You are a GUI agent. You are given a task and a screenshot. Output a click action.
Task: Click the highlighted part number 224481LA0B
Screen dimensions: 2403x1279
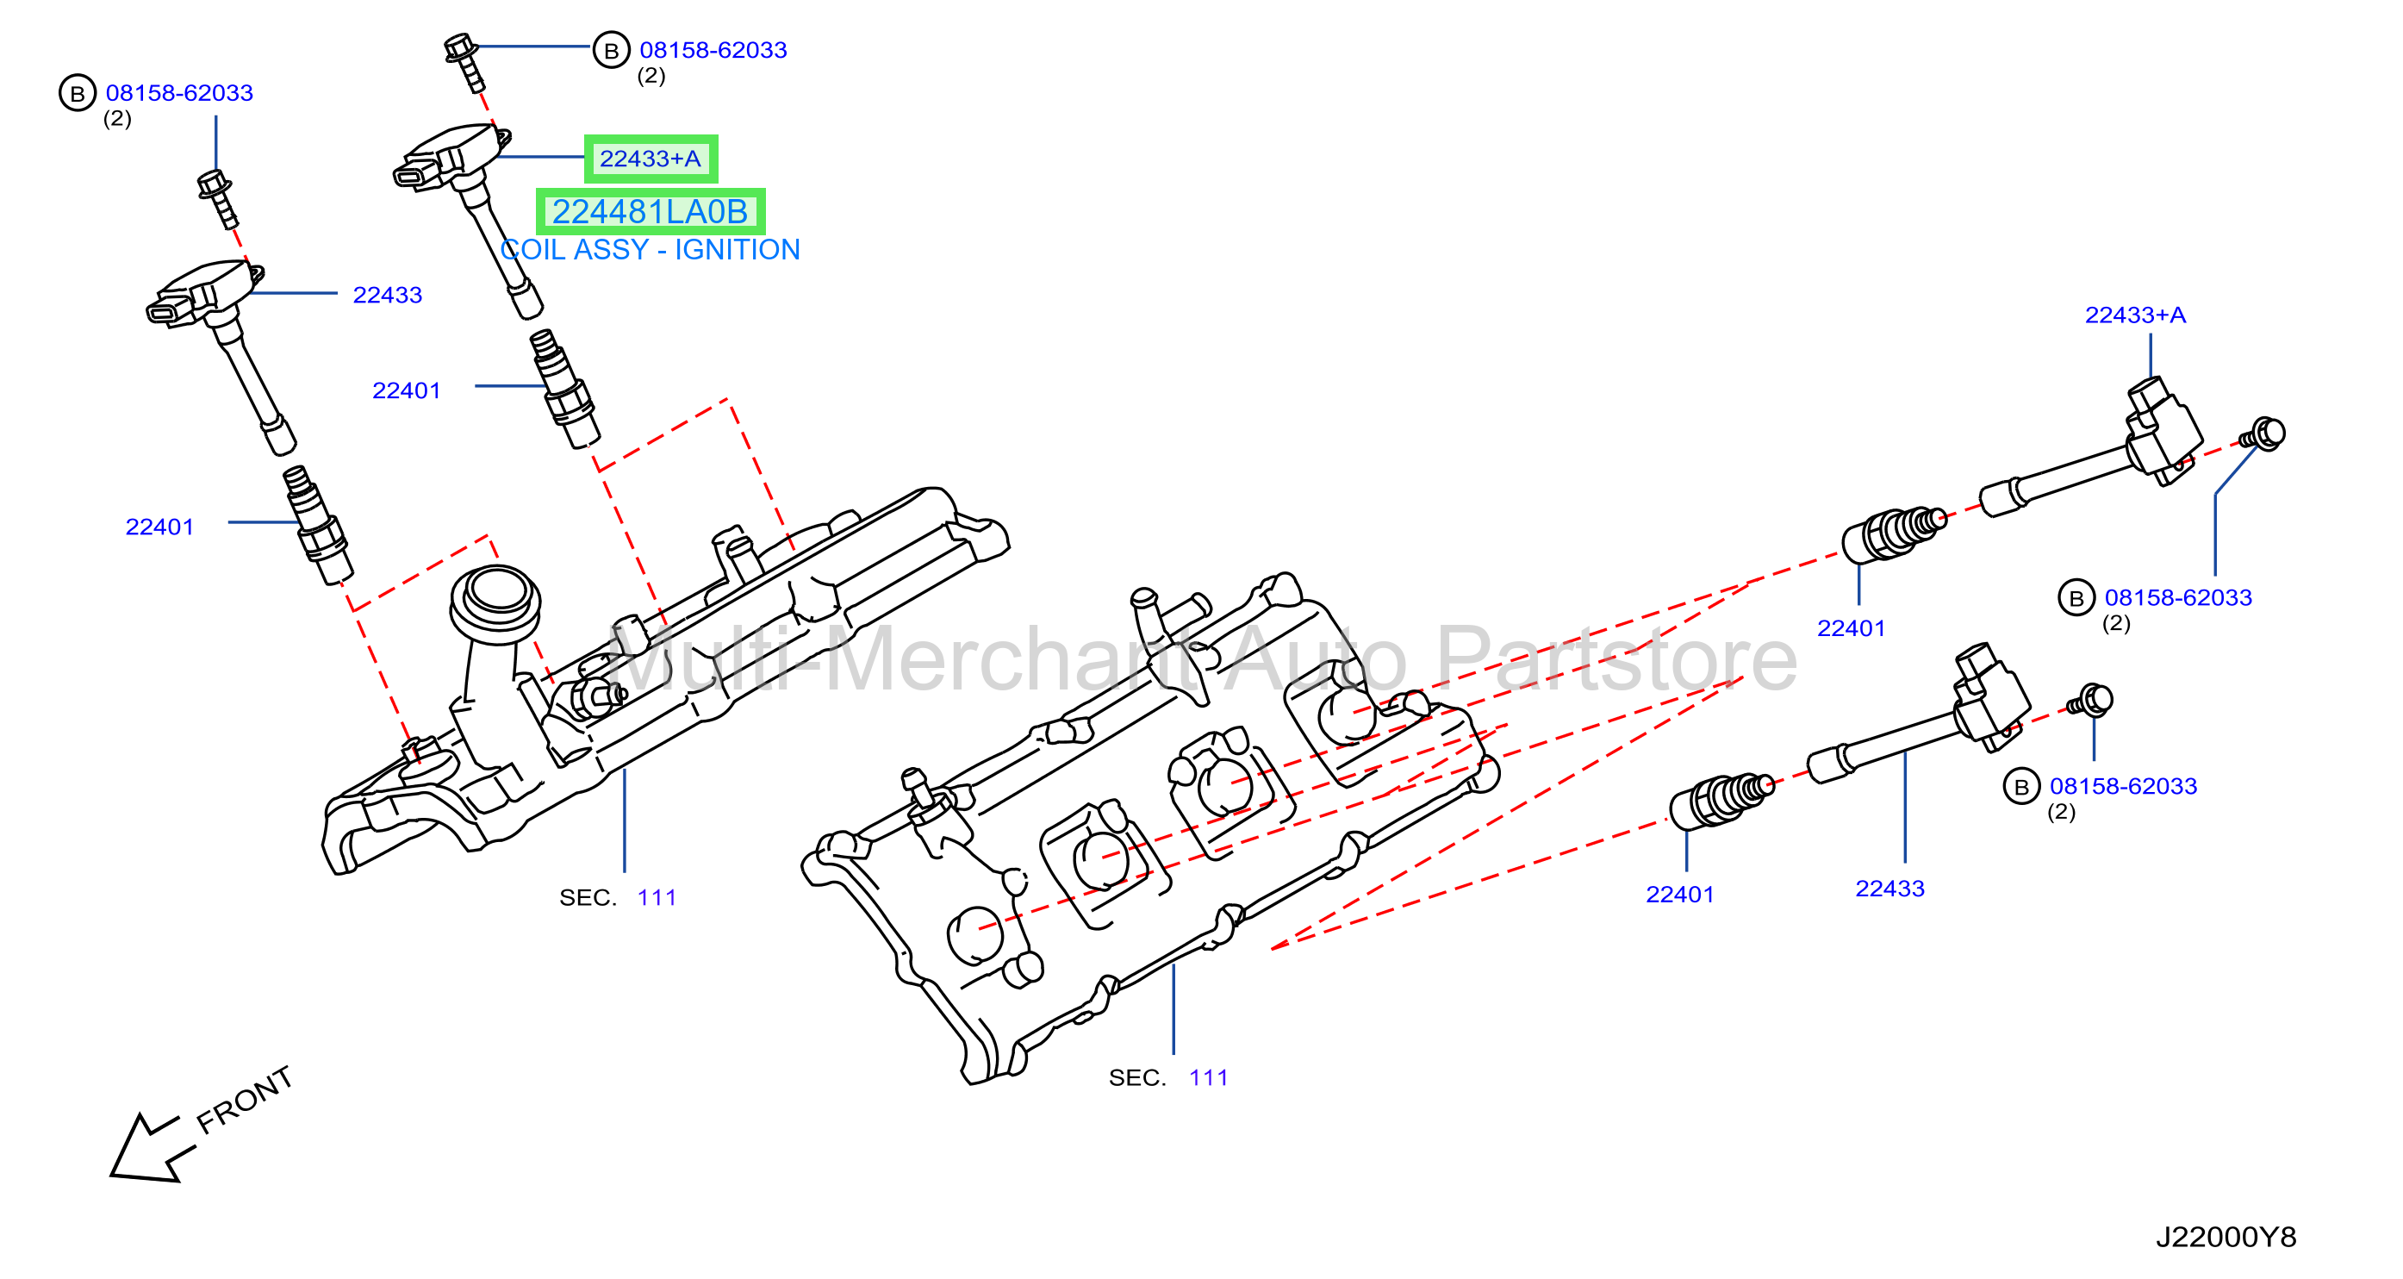[651, 212]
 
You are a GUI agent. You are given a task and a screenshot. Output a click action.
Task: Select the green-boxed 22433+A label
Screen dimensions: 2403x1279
[651, 159]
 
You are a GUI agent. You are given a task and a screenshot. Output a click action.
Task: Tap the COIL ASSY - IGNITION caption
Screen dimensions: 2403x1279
[651, 250]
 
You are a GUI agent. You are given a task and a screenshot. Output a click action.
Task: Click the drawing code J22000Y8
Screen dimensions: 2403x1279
[2226, 1236]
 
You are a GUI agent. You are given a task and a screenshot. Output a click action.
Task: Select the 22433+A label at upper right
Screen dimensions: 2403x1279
[2135, 315]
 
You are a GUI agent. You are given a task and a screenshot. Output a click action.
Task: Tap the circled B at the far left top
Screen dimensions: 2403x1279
[78, 93]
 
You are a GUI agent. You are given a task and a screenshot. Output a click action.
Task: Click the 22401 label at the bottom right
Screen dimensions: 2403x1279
[1680, 895]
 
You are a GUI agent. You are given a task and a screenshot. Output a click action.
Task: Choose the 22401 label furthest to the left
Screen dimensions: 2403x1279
[159, 527]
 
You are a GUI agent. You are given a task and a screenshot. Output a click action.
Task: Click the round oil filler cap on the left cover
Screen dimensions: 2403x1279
[495, 602]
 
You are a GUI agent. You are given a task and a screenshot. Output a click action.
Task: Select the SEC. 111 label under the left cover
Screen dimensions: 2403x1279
[618, 897]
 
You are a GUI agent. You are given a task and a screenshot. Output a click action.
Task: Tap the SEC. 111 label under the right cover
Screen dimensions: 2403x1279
[1168, 1077]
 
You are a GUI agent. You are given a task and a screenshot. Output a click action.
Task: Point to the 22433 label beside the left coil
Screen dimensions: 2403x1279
[387, 295]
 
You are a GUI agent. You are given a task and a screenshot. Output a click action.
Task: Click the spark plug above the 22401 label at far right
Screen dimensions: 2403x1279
[1894, 534]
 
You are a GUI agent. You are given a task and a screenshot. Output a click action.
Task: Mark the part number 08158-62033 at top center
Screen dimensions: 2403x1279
[713, 50]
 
